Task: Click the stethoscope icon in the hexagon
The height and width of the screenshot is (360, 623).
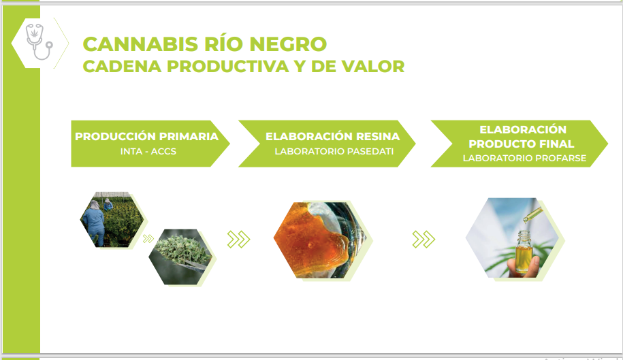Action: coord(38,42)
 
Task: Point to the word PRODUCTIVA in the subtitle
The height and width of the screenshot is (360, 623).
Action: coord(227,66)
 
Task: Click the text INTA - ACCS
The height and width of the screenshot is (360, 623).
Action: coord(148,151)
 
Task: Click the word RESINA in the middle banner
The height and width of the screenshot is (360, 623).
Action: coord(377,137)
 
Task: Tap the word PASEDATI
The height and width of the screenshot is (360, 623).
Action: coord(370,151)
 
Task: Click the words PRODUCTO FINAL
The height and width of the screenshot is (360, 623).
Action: coord(522,144)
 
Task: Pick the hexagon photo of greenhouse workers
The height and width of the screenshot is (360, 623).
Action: coord(112,220)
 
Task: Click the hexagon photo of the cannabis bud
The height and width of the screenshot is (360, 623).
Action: coord(180,257)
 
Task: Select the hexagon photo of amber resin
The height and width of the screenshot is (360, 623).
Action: coord(320,240)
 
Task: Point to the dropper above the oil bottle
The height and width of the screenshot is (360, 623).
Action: coord(532,215)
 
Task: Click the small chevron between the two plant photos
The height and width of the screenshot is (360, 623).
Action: coord(148,239)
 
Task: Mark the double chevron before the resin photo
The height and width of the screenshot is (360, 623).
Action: coord(238,240)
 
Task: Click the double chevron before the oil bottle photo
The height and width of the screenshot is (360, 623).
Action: coord(424,240)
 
